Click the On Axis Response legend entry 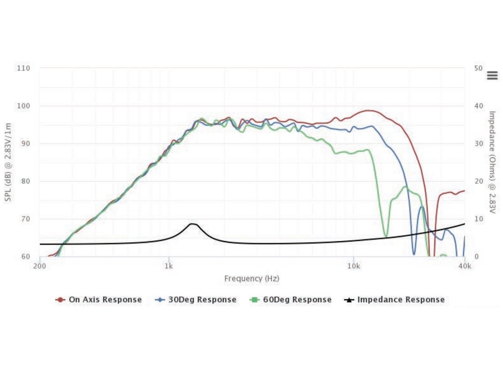click(99, 300)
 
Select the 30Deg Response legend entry click(196, 300)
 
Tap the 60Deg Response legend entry click(291, 300)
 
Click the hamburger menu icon click(492, 76)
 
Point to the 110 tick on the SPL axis click(24, 68)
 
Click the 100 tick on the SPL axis click(24, 106)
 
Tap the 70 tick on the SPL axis click(26, 219)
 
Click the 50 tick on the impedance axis click(478, 68)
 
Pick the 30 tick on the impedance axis click(478, 144)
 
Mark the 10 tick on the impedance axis click(478, 219)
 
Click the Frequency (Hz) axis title click(251, 278)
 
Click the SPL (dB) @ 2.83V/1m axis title click(8, 162)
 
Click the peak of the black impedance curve click(192, 223)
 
